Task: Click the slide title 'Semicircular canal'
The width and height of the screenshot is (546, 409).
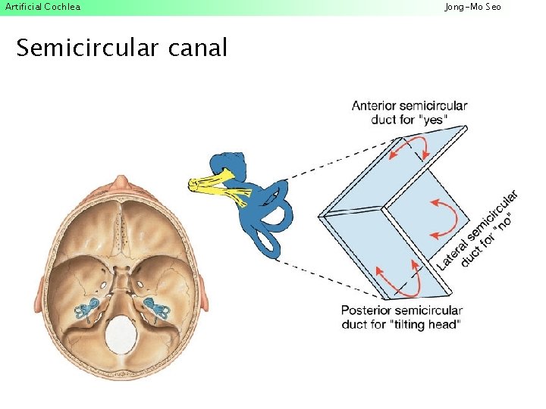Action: click(121, 48)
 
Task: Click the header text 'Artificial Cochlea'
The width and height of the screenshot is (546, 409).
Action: click(42, 7)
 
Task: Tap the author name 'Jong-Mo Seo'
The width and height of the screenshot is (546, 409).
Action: click(472, 7)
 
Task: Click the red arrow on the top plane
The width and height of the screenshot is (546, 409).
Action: click(409, 148)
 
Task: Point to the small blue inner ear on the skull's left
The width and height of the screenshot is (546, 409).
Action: click(86, 306)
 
